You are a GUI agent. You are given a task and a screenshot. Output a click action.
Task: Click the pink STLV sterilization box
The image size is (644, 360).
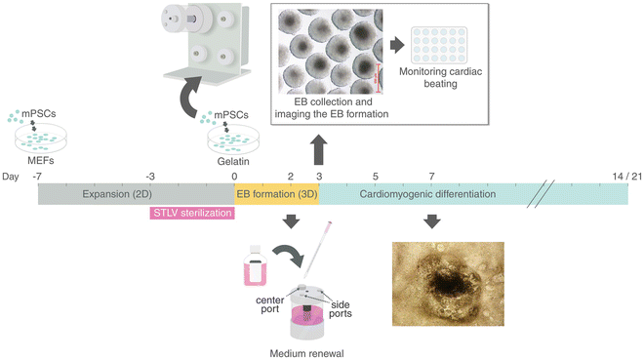[191, 213]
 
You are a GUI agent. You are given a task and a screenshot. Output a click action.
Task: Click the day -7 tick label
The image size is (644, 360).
[36, 176]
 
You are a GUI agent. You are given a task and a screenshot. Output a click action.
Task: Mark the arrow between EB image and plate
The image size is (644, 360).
[398, 45]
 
